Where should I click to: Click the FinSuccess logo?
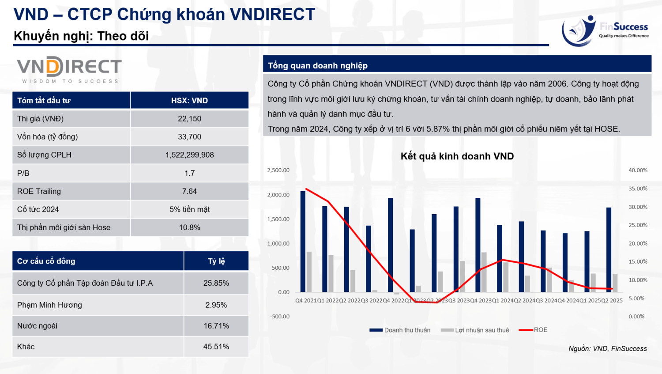tap(605, 30)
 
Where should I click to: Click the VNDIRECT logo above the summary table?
tap(69, 69)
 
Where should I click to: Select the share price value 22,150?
tap(189, 119)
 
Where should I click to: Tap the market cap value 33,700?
tap(189, 137)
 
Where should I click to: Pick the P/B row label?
tap(23, 173)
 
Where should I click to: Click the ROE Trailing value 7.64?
tap(189, 191)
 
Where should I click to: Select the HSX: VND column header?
tap(189, 101)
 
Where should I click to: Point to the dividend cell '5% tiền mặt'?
tap(189, 209)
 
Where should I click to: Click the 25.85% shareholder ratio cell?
tap(216, 283)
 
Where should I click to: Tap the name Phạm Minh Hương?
tap(49, 305)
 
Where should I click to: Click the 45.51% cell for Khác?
tap(216, 347)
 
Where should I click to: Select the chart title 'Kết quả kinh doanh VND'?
tap(457, 156)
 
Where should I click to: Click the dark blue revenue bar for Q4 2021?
tap(303, 241)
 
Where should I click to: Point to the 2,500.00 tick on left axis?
tap(278, 170)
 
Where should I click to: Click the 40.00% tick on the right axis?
tap(638, 170)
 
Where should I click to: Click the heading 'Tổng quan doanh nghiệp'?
tap(318, 66)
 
